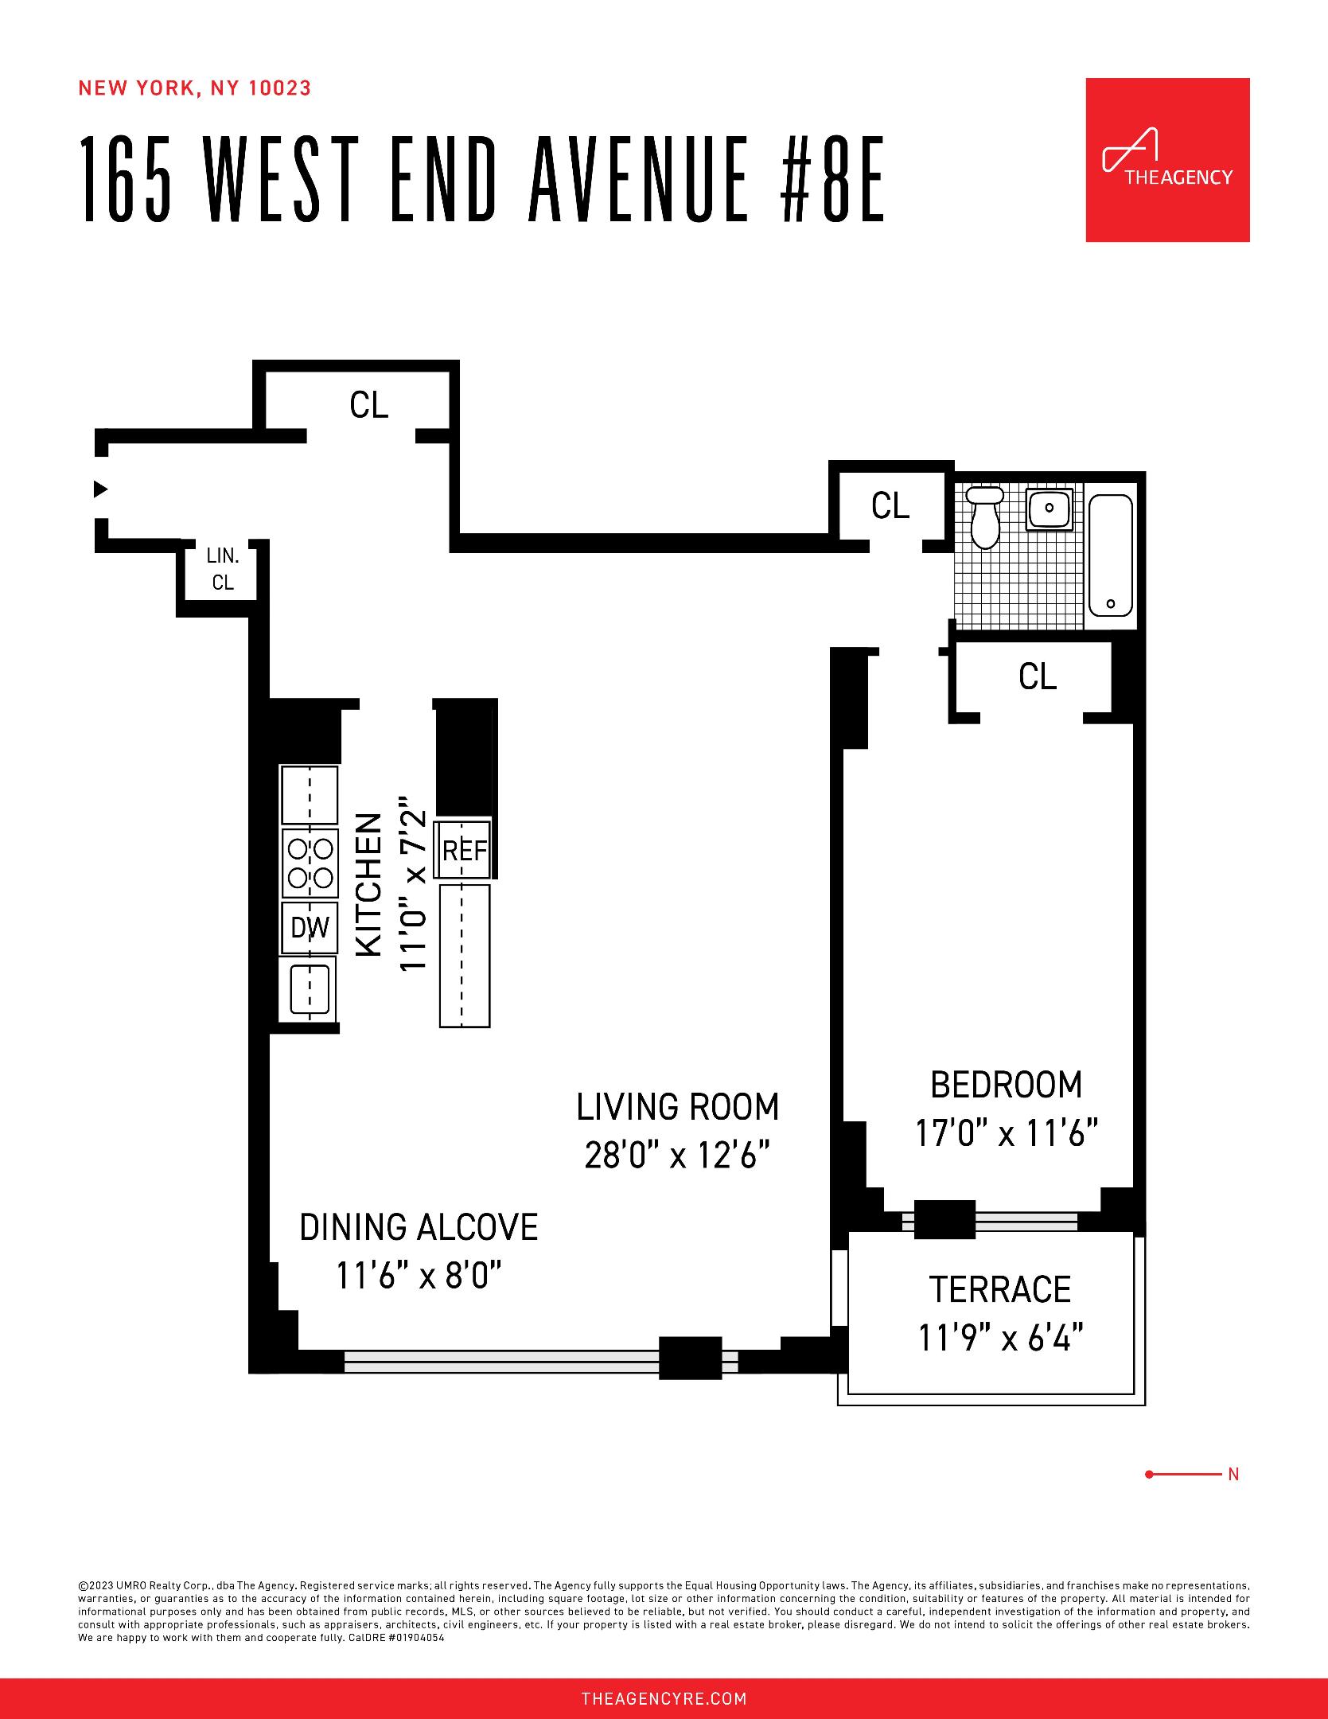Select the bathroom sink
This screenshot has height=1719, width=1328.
coord(1050,508)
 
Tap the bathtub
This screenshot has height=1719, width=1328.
coord(1110,555)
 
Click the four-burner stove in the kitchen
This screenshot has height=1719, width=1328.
coord(310,863)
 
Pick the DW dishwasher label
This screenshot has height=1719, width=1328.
coord(310,927)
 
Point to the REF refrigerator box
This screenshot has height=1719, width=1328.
coord(464,851)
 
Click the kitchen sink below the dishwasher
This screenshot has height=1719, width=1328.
coord(309,988)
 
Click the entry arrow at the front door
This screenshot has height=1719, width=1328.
coord(100,489)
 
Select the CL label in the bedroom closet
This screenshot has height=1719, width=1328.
coord(1037,676)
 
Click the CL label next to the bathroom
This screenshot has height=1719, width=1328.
coord(890,506)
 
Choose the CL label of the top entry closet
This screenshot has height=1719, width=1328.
coord(368,405)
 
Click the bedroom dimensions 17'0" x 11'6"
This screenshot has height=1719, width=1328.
coord(1006,1133)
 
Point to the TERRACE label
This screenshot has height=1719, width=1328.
coord(999,1289)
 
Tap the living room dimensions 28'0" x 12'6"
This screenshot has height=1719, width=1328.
coord(677,1156)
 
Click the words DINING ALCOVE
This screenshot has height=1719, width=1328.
coord(419,1227)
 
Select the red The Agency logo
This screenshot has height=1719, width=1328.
coord(1167,160)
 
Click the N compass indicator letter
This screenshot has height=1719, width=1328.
coord(1233,1475)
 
